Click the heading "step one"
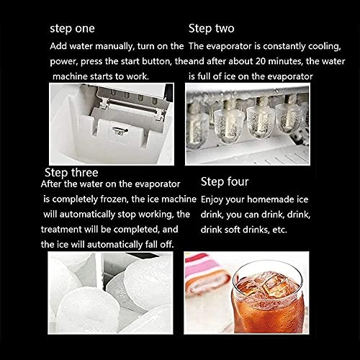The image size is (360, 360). (72, 29)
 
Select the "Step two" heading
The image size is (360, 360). (211, 29)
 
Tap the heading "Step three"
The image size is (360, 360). (71, 173)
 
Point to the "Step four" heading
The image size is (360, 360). (225, 181)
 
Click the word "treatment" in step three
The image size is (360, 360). (61, 230)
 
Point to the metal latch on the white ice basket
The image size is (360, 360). (120, 131)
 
